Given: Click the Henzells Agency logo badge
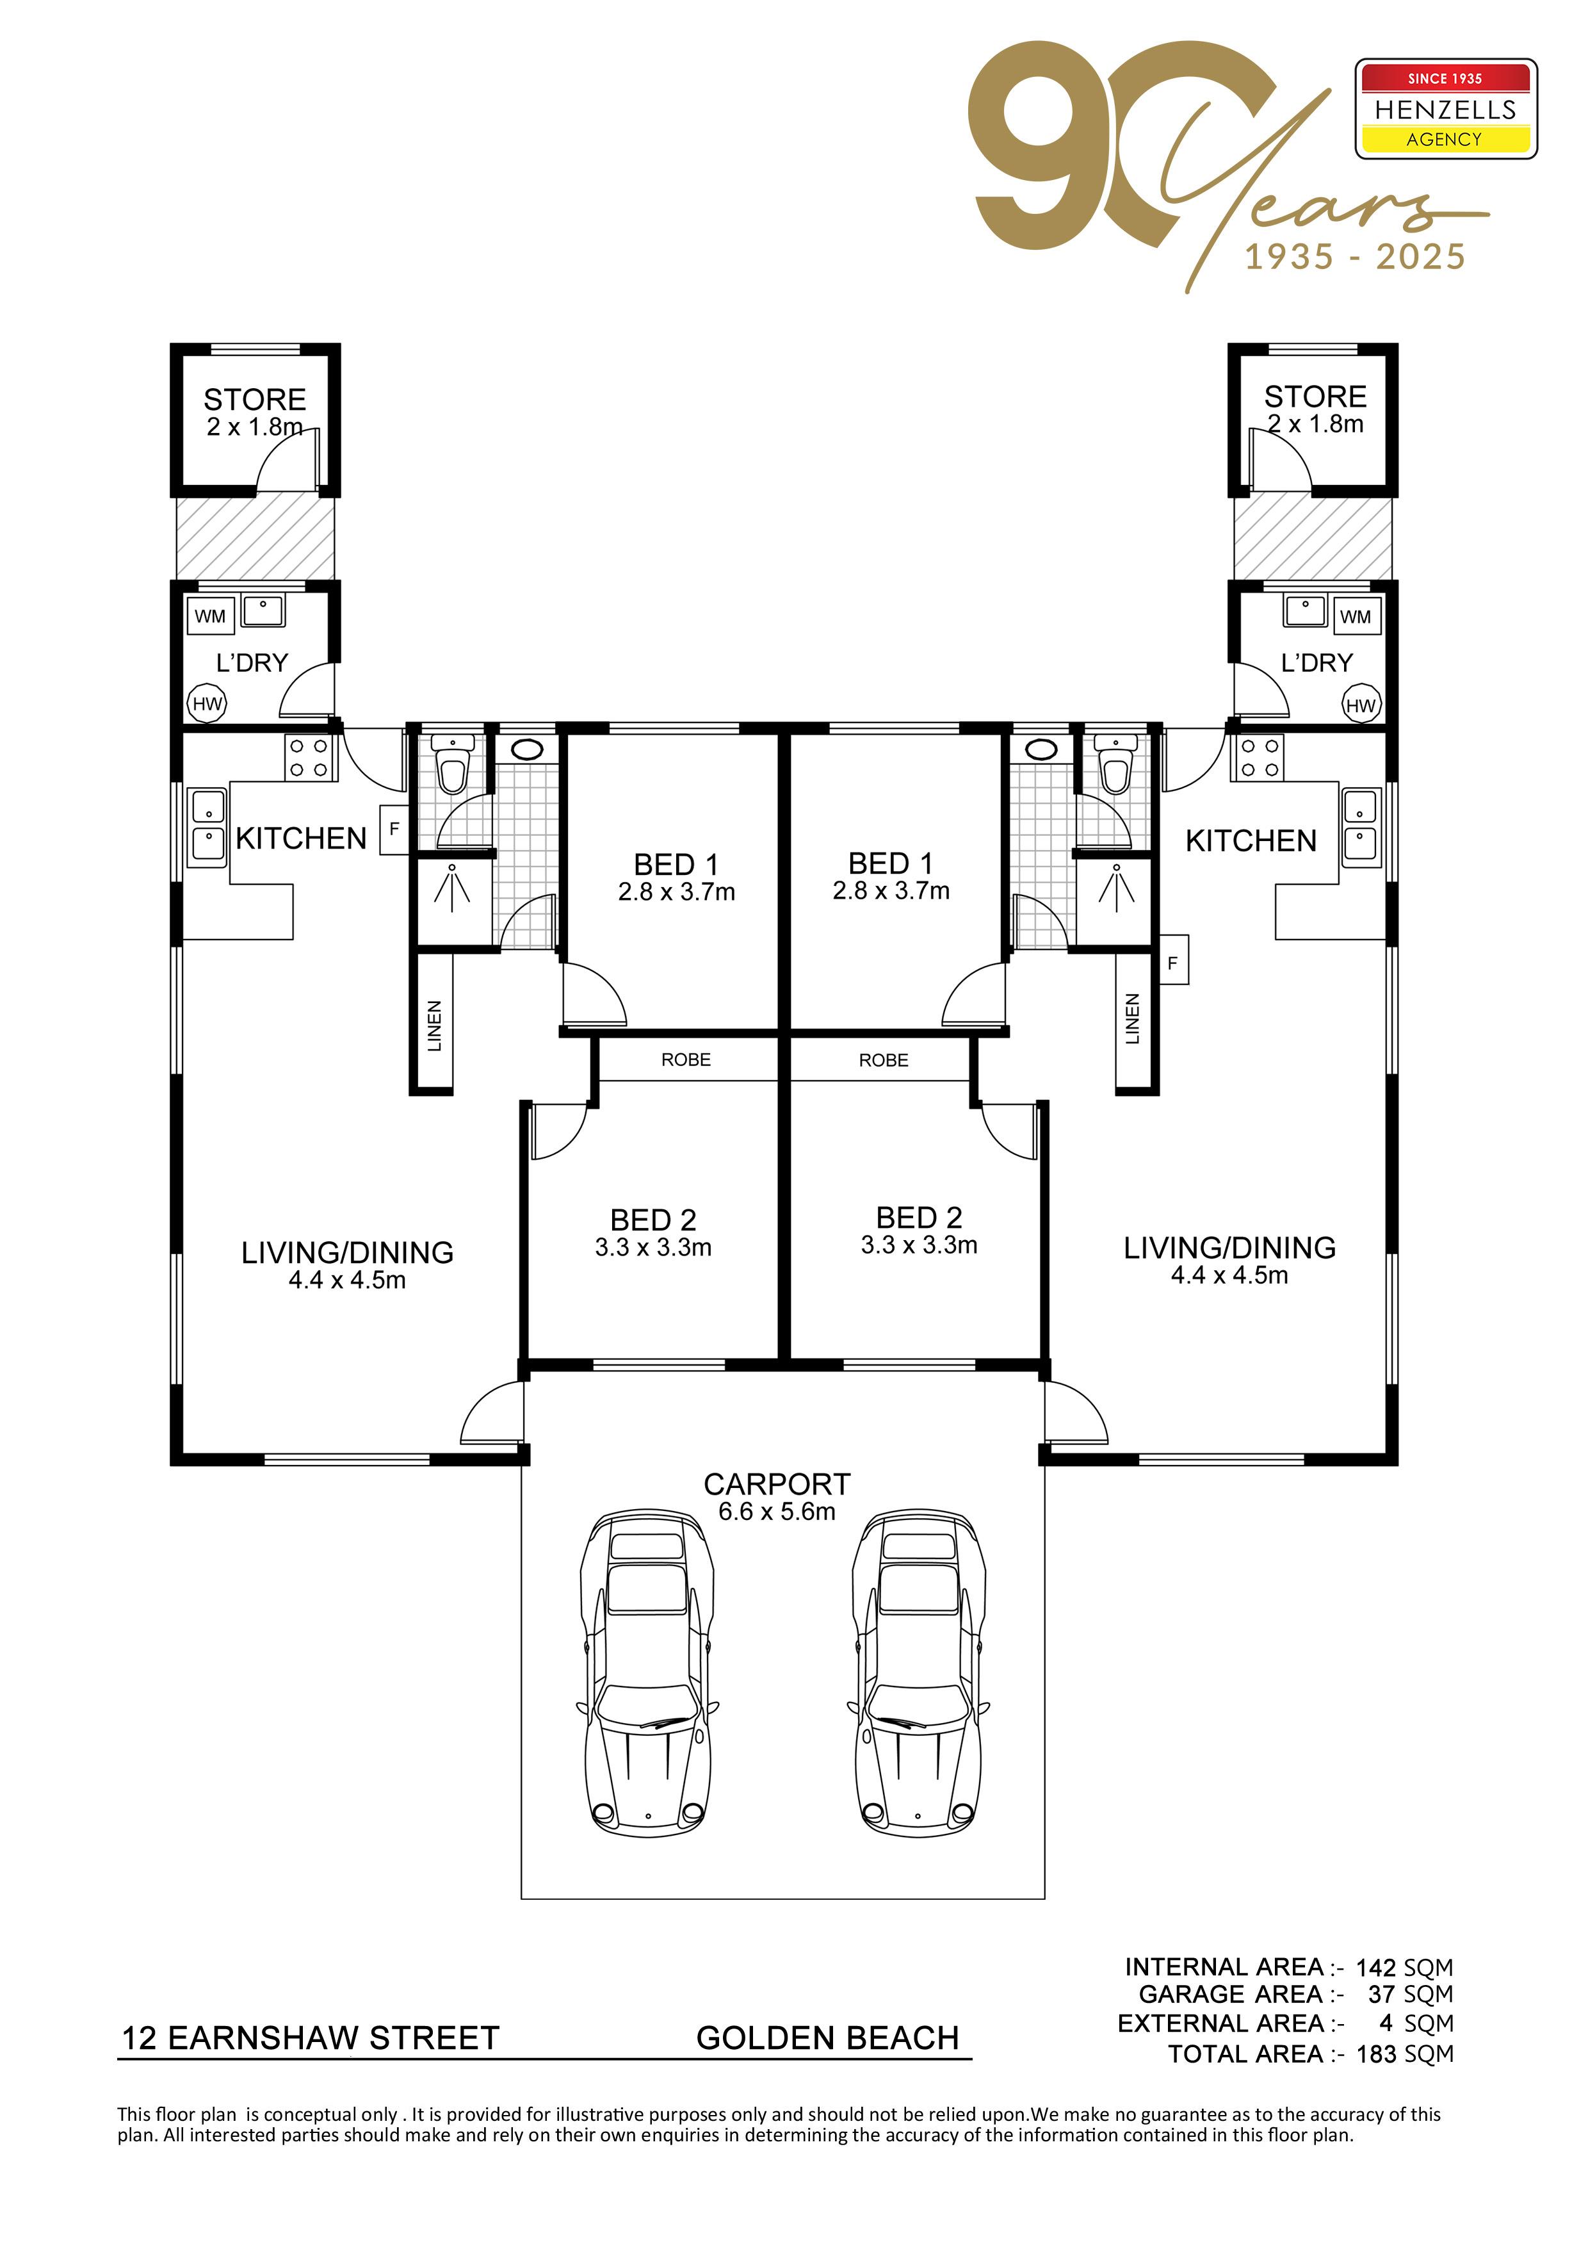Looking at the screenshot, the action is pyautogui.click(x=1445, y=109).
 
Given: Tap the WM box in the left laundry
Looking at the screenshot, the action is pyautogui.click(x=211, y=617).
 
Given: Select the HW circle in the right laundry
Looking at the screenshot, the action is pyautogui.click(x=1360, y=705).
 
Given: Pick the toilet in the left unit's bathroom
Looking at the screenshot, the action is pyautogui.click(x=452, y=762).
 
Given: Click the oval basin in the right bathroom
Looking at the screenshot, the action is pyautogui.click(x=1041, y=749).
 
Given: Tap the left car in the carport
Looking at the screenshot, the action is pyautogui.click(x=648, y=1674).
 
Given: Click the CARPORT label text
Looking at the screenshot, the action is pyautogui.click(x=777, y=1485).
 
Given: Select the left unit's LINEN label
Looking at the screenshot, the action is pyautogui.click(x=434, y=1025).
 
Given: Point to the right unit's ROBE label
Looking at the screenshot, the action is pyautogui.click(x=884, y=1060).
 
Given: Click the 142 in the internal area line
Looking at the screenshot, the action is pyautogui.click(x=1375, y=1967).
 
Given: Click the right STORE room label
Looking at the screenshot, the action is pyautogui.click(x=1315, y=396).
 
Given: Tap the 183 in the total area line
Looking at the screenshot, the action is pyautogui.click(x=1375, y=2054).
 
